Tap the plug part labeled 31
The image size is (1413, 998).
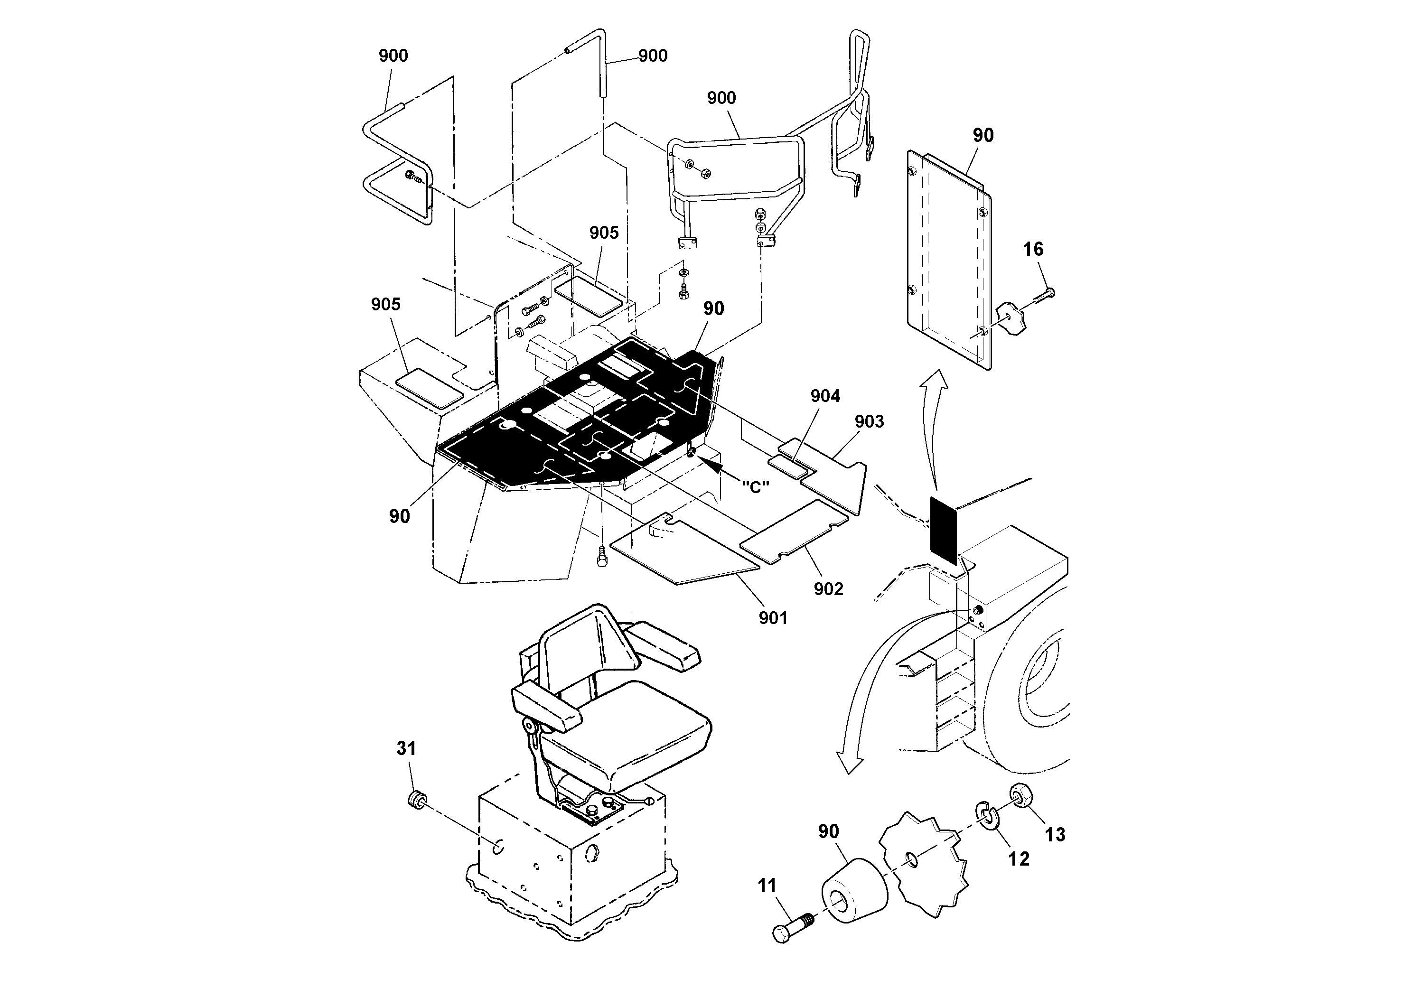[418, 801]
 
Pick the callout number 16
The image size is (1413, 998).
[1033, 249]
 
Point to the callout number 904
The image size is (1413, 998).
[824, 396]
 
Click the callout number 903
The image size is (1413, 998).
[869, 421]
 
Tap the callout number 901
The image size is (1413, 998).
[773, 618]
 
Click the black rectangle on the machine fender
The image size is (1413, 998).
[944, 531]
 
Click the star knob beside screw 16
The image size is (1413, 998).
[1009, 318]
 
